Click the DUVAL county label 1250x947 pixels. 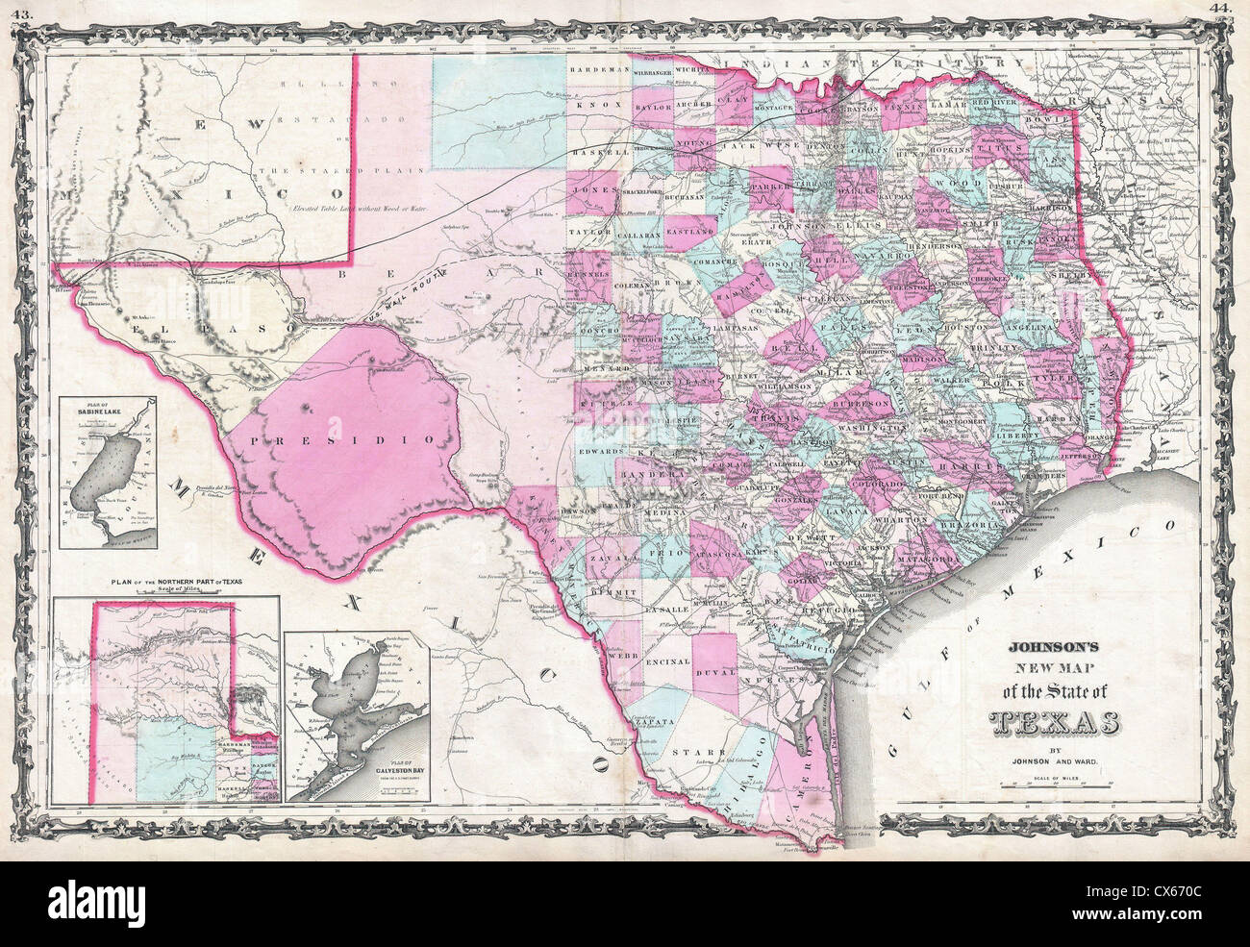click(x=714, y=673)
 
